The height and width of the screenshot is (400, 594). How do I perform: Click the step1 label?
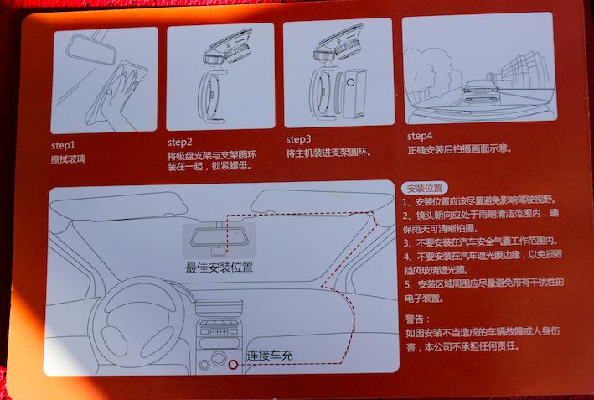point(64,146)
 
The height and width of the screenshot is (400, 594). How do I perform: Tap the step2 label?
point(179,143)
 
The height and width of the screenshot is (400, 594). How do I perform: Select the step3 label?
point(298,139)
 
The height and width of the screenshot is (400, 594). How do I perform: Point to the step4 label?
point(420,136)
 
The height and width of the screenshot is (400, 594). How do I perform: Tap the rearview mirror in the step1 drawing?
point(91,49)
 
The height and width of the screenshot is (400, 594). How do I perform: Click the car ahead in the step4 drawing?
point(480,92)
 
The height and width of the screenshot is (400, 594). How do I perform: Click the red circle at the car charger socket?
point(233,365)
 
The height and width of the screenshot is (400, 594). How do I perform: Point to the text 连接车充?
point(270,356)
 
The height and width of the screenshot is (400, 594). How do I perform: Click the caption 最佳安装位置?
point(219,268)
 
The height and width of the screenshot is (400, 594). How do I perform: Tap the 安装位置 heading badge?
point(424,188)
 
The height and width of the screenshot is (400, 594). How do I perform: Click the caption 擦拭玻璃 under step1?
point(68,159)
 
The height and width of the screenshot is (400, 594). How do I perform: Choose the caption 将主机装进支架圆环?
point(328,153)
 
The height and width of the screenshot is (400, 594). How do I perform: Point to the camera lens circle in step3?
point(350,82)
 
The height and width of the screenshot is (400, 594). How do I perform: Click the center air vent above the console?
point(219,307)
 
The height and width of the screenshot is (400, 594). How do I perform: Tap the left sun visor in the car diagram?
point(119,207)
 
